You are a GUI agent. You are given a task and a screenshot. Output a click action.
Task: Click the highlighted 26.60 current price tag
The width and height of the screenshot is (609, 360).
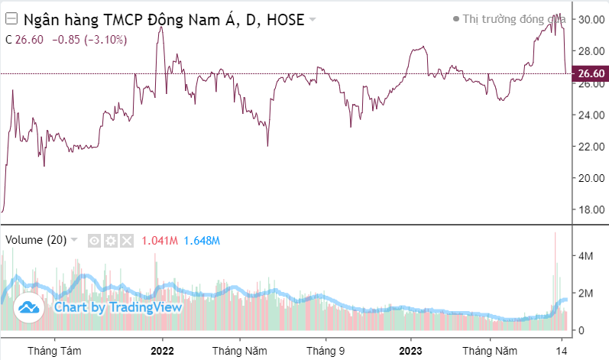(x=591, y=73)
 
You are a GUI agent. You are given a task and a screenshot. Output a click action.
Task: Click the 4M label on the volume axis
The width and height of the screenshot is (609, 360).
(x=585, y=256)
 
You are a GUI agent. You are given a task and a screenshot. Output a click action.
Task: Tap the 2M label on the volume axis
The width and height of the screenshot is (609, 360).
(x=585, y=293)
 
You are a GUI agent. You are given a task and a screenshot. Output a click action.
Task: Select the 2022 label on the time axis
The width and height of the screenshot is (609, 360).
(x=163, y=350)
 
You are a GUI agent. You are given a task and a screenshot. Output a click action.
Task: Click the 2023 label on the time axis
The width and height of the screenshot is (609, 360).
(x=411, y=350)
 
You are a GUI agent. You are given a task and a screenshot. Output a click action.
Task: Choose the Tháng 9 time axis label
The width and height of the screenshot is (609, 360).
(x=326, y=350)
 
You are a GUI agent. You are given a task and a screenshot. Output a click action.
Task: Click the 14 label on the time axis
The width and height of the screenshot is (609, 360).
(x=562, y=350)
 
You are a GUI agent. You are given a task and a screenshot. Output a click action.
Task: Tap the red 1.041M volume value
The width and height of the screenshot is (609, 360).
(x=160, y=240)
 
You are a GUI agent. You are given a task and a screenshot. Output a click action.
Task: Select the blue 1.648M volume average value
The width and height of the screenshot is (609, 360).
(x=202, y=240)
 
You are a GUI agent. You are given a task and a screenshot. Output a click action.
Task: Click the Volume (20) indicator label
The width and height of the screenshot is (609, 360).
(x=36, y=240)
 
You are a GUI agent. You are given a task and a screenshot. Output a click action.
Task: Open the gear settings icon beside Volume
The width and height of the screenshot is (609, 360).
(x=111, y=241)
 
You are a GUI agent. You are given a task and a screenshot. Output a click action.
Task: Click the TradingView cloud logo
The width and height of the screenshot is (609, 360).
(x=29, y=307)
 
